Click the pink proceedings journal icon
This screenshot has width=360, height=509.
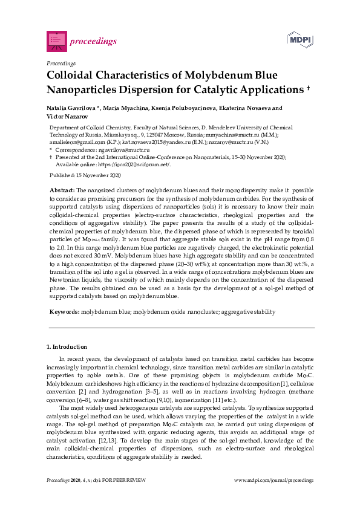pyautogui.click(x=56, y=41)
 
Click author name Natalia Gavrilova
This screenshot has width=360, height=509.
pyautogui.click(x=71, y=109)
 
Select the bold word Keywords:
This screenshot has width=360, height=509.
pyautogui.click(x=63, y=312)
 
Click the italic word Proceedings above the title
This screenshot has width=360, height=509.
pyautogui.click(x=61, y=63)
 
